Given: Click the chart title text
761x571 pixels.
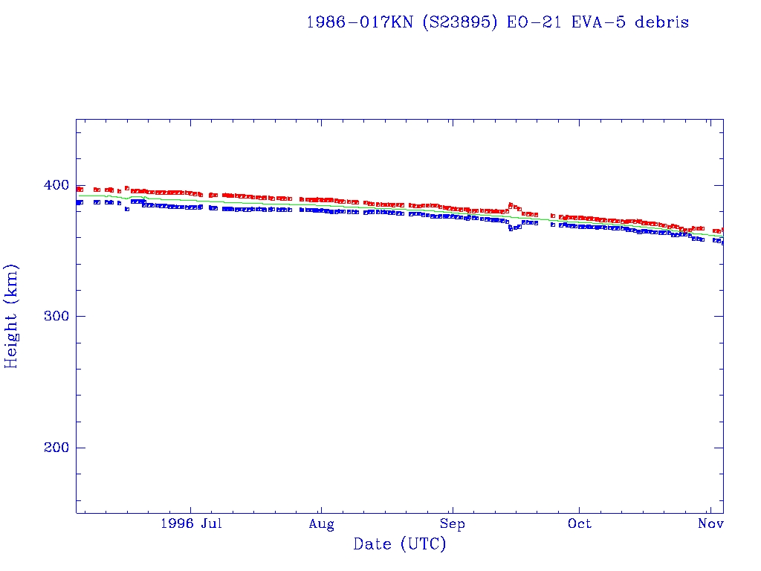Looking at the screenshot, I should pyautogui.click(x=497, y=22).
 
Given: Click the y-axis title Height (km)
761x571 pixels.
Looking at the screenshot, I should pyautogui.click(x=12, y=316).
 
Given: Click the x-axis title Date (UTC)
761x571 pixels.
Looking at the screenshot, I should pyautogui.click(x=400, y=544).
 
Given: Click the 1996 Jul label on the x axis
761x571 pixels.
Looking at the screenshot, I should pyautogui.click(x=191, y=523).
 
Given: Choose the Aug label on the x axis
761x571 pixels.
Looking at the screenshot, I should pyautogui.click(x=321, y=523).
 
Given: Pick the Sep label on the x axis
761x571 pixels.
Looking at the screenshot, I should pyautogui.click(x=451, y=523).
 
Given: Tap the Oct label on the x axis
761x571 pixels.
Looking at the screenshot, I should pyautogui.click(x=579, y=523).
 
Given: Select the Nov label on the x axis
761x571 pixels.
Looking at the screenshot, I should pyautogui.click(x=711, y=523).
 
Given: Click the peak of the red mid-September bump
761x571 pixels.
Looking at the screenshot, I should pyautogui.click(x=511, y=204).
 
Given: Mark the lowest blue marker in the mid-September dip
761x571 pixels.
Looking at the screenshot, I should pyautogui.click(x=511, y=229).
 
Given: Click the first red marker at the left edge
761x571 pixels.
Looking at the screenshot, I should pyautogui.click(x=79, y=189).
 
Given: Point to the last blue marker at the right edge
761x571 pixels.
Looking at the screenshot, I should pyautogui.click(x=722, y=242).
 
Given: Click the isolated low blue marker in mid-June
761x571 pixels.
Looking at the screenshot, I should pyautogui.click(x=127, y=209).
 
